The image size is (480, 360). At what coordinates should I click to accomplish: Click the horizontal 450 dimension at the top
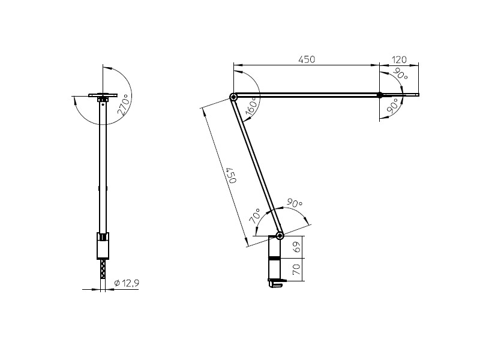[x=307, y=59]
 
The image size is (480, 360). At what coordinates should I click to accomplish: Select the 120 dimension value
[x=399, y=59]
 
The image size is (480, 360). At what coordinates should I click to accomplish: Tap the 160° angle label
[x=251, y=106]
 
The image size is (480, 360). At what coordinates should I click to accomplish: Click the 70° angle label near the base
[x=254, y=216]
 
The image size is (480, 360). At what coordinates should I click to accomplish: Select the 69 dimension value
[x=295, y=247]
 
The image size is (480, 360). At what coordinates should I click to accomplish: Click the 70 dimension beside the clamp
[x=295, y=269]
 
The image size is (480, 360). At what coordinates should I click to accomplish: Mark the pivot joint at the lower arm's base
[x=279, y=235]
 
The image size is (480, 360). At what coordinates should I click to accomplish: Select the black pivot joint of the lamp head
[x=380, y=94]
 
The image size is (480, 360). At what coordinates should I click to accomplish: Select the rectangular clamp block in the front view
[x=103, y=246]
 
